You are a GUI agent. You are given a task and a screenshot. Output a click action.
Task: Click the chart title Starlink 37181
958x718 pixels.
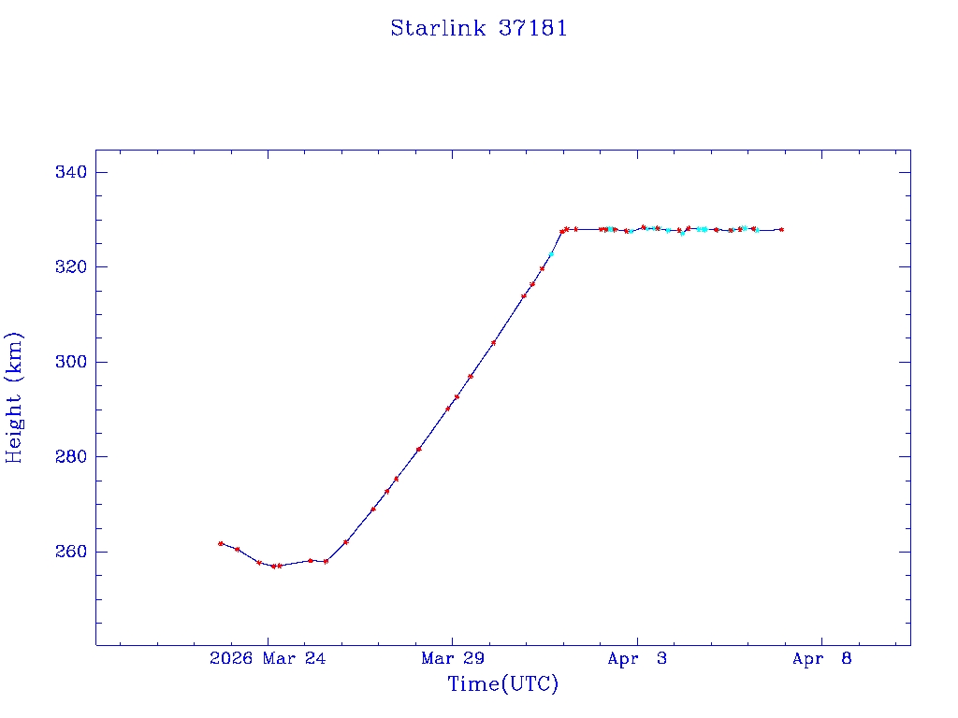[479, 28]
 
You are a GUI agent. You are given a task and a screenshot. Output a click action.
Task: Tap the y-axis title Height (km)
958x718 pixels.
[14, 397]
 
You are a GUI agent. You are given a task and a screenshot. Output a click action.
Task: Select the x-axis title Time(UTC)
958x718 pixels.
[503, 684]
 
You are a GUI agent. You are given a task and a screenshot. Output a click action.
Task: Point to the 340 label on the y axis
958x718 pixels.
[71, 172]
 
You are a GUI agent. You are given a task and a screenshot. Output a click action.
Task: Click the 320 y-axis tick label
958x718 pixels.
[71, 267]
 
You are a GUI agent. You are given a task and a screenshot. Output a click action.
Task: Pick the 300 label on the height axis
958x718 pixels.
[71, 362]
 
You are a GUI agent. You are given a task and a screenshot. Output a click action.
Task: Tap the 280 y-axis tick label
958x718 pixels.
[71, 457]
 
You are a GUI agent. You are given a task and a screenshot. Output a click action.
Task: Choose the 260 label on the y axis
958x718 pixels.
[71, 552]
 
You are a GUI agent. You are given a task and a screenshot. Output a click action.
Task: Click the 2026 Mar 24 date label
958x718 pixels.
[268, 659]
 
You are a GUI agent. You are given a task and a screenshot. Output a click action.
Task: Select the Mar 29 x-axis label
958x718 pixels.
[453, 659]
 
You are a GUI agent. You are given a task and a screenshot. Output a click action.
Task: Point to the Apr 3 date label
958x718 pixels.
[637, 659]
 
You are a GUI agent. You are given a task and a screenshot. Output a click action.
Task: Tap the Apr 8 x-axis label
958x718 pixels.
[822, 659]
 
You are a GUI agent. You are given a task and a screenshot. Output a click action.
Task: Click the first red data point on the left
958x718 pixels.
[221, 543]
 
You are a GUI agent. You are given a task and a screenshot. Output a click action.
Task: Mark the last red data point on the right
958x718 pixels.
[781, 229]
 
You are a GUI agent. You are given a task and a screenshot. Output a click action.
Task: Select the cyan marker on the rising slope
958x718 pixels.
[551, 254]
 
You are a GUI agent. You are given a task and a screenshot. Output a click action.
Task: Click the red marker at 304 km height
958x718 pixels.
[493, 342]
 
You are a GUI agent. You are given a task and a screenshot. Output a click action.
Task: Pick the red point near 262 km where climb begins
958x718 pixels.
[346, 542]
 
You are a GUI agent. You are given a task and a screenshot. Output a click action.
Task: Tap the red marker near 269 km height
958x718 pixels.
[373, 510]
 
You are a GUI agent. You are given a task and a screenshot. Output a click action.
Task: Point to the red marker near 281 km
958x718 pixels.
[418, 450]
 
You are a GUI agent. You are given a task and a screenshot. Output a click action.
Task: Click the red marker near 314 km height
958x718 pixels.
[524, 295]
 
